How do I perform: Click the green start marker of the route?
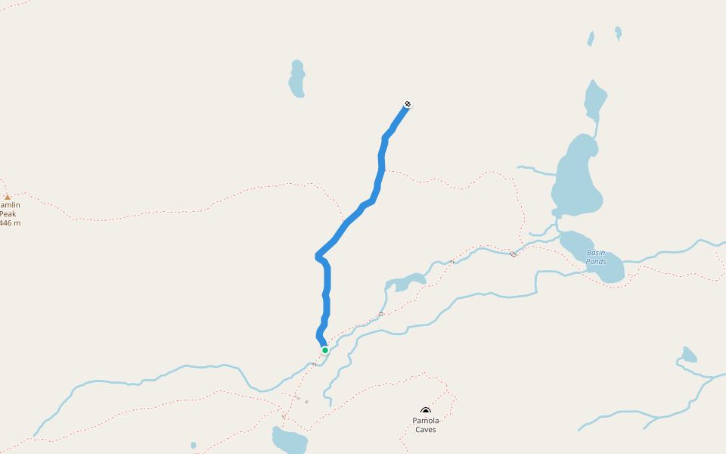[x=325, y=350]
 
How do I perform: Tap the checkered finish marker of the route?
[x=408, y=104]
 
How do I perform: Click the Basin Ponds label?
[x=596, y=257]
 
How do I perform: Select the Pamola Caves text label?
[x=425, y=425]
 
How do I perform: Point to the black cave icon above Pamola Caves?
[x=426, y=410]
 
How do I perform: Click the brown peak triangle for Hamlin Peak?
[x=8, y=197]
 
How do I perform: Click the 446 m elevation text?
[x=10, y=223]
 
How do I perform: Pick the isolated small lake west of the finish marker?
[x=296, y=79]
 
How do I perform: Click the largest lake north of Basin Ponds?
[x=577, y=178]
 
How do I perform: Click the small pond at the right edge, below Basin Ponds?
[x=688, y=355]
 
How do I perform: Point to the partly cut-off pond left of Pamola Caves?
[x=290, y=440]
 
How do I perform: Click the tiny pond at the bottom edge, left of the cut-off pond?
[x=194, y=446]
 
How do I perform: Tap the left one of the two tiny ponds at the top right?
[x=591, y=39]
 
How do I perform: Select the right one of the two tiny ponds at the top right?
[x=618, y=33]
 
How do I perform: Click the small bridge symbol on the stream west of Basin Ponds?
[x=513, y=253]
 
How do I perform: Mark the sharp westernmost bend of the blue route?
[x=318, y=257]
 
